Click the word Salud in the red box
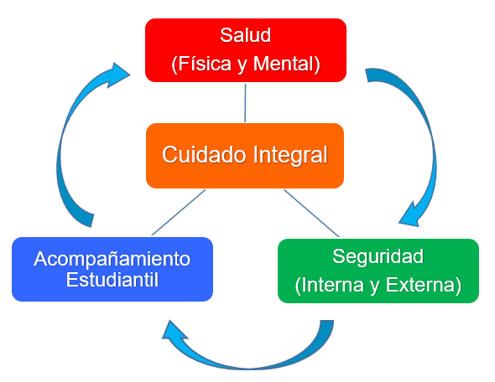point(245,35)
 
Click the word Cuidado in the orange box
point(204,154)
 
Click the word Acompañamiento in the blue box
point(112,260)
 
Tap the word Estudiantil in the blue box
point(112,280)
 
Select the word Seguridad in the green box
point(378,256)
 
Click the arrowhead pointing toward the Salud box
point(118,75)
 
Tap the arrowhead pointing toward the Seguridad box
point(409,215)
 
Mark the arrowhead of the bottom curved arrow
point(173,332)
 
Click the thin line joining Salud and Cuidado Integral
point(245,103)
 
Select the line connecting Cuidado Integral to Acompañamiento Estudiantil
point(179,213)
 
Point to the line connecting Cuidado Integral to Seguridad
point(311,213)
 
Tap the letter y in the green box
point(375,286)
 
